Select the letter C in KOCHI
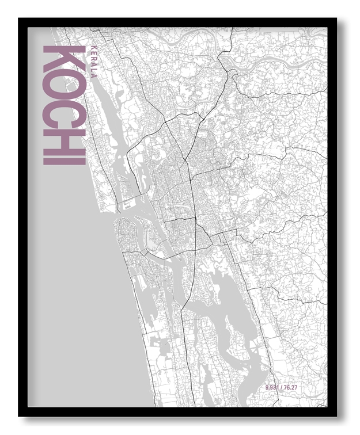[x=64, y=113]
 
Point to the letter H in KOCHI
[x=64, y=139]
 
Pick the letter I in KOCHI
[x=64, y=158]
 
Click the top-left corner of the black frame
[x=20, y=19]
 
